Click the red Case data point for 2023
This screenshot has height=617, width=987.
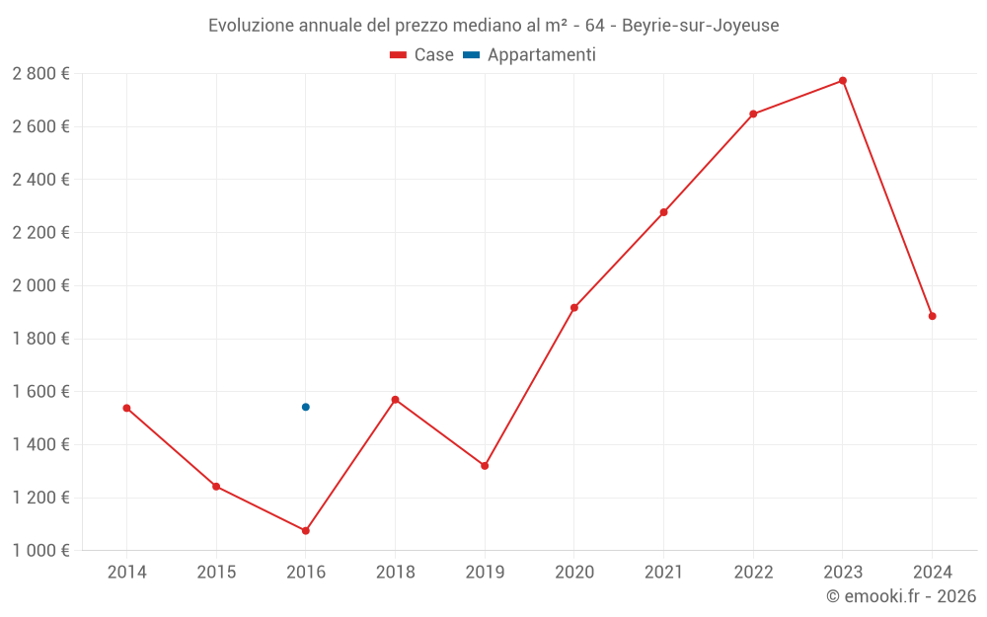click(x=842, y=81)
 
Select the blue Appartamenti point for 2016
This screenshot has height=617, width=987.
click(x=306, y=407)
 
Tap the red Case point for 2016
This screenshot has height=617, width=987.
click(x=306, y=531)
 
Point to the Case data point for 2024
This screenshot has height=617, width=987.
click(x=932, y=316)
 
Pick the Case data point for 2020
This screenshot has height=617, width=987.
click(x=574, y=308)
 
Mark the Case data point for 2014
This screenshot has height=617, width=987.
click(x=126, y=408)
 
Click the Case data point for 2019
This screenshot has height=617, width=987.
click(x=485, y=466)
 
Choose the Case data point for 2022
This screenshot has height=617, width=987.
click(x=753, y=115)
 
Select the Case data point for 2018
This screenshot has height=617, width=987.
click(x=395, y=400)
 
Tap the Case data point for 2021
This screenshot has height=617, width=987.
click(x=663, y=212)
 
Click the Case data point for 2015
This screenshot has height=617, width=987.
click(x=216, y=487)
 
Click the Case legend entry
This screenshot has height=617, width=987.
click(x=422, y=55)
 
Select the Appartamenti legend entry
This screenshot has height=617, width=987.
click(x=530, y=55)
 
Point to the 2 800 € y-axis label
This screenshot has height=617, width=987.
click(x=40, y=74)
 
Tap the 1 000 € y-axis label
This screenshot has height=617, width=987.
click(x=40, y=551)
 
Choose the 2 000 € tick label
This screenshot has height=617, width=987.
click(x=40, y=285)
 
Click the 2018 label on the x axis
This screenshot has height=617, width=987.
click(x=395, y=573)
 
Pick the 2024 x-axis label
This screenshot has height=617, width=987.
click(x=932, y=573)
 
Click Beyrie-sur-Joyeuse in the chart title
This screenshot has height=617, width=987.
click(x=700, y=26)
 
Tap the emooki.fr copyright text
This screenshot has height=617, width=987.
click(x=901, y=596)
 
